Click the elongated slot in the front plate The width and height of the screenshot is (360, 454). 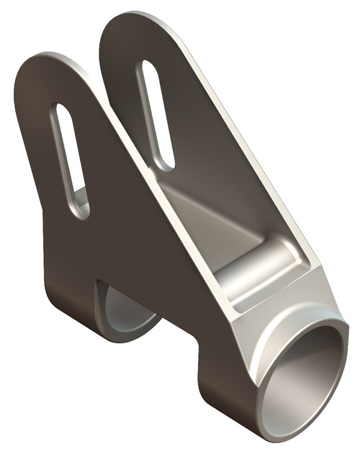click(x=70, y=160)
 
